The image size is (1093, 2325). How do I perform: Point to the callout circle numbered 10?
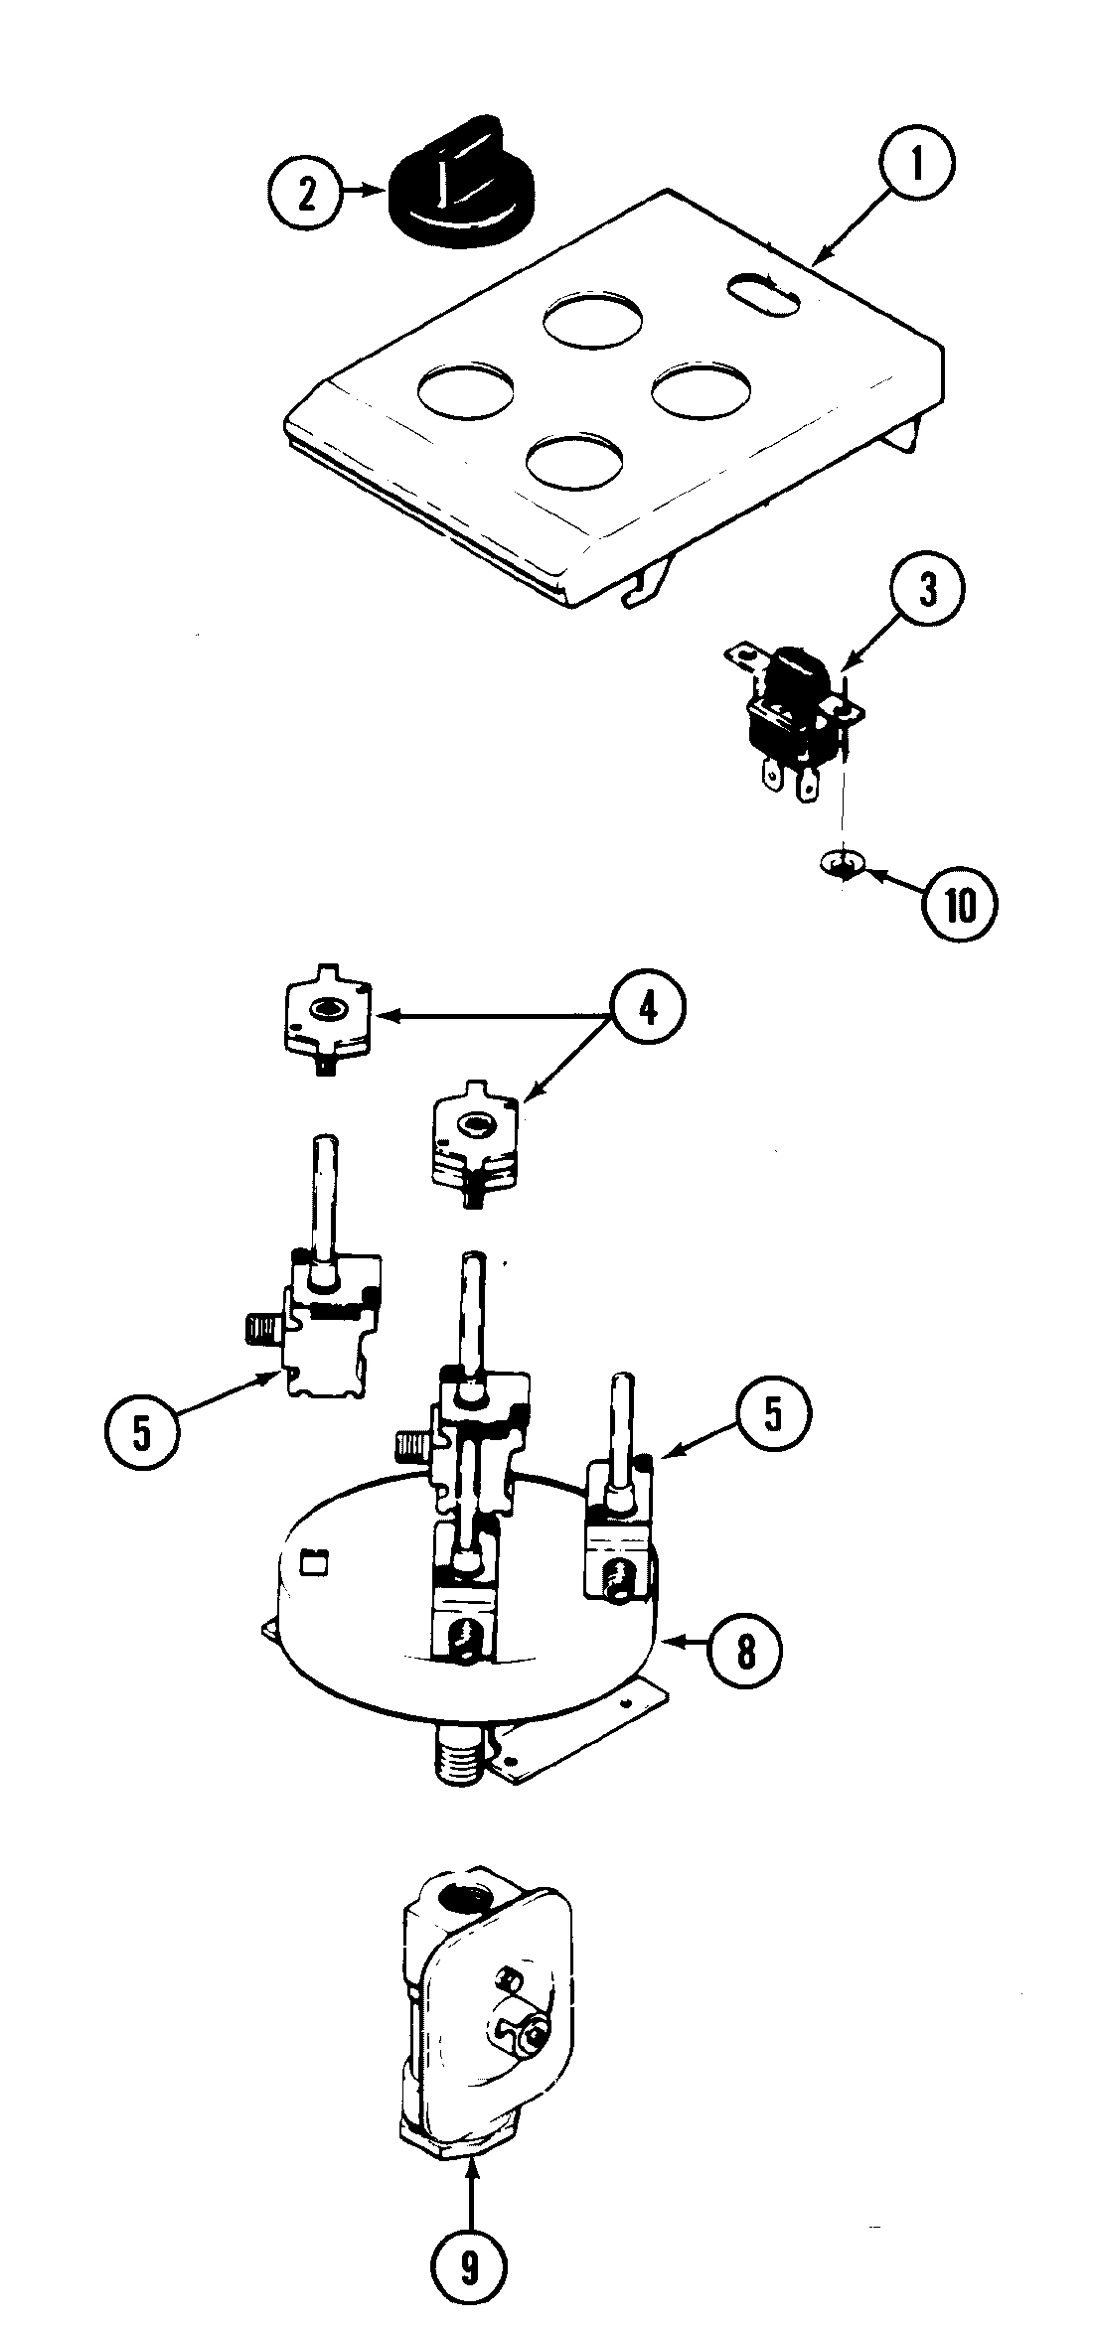click(960, 904)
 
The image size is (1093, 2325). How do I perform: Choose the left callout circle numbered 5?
click(142, 1434)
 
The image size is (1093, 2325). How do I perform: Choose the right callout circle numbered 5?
click(772, 1415)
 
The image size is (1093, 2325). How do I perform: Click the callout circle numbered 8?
click(745, 1651)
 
